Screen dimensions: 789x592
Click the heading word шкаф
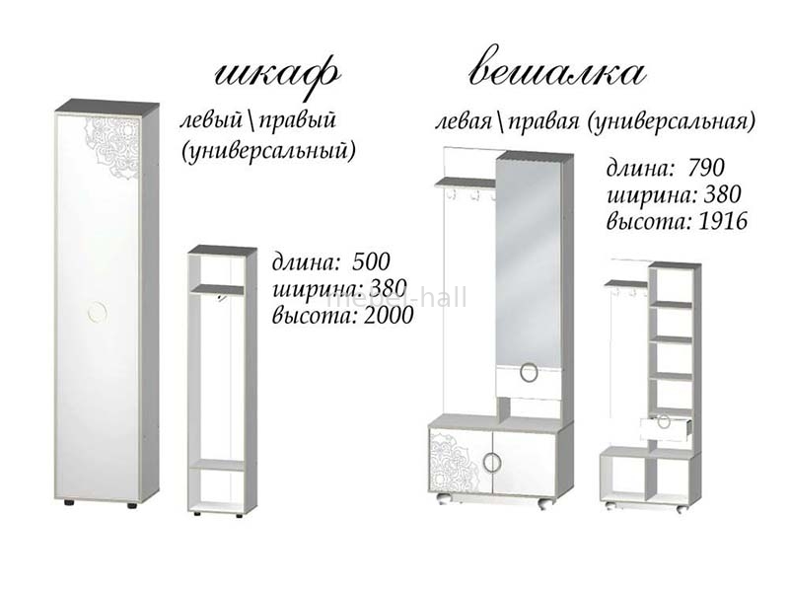277,76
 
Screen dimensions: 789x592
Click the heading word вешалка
557,72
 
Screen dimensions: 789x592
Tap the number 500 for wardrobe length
372,261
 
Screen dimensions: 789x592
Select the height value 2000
389,316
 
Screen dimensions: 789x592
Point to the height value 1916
723,221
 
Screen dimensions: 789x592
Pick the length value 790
706,168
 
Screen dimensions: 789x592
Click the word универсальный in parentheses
268,151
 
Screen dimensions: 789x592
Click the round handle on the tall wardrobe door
97,313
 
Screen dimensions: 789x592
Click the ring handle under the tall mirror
529,374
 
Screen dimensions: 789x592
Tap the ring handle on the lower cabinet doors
491,463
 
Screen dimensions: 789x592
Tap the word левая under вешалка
464,122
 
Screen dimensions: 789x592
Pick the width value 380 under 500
388,288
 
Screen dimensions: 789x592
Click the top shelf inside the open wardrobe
217,289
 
